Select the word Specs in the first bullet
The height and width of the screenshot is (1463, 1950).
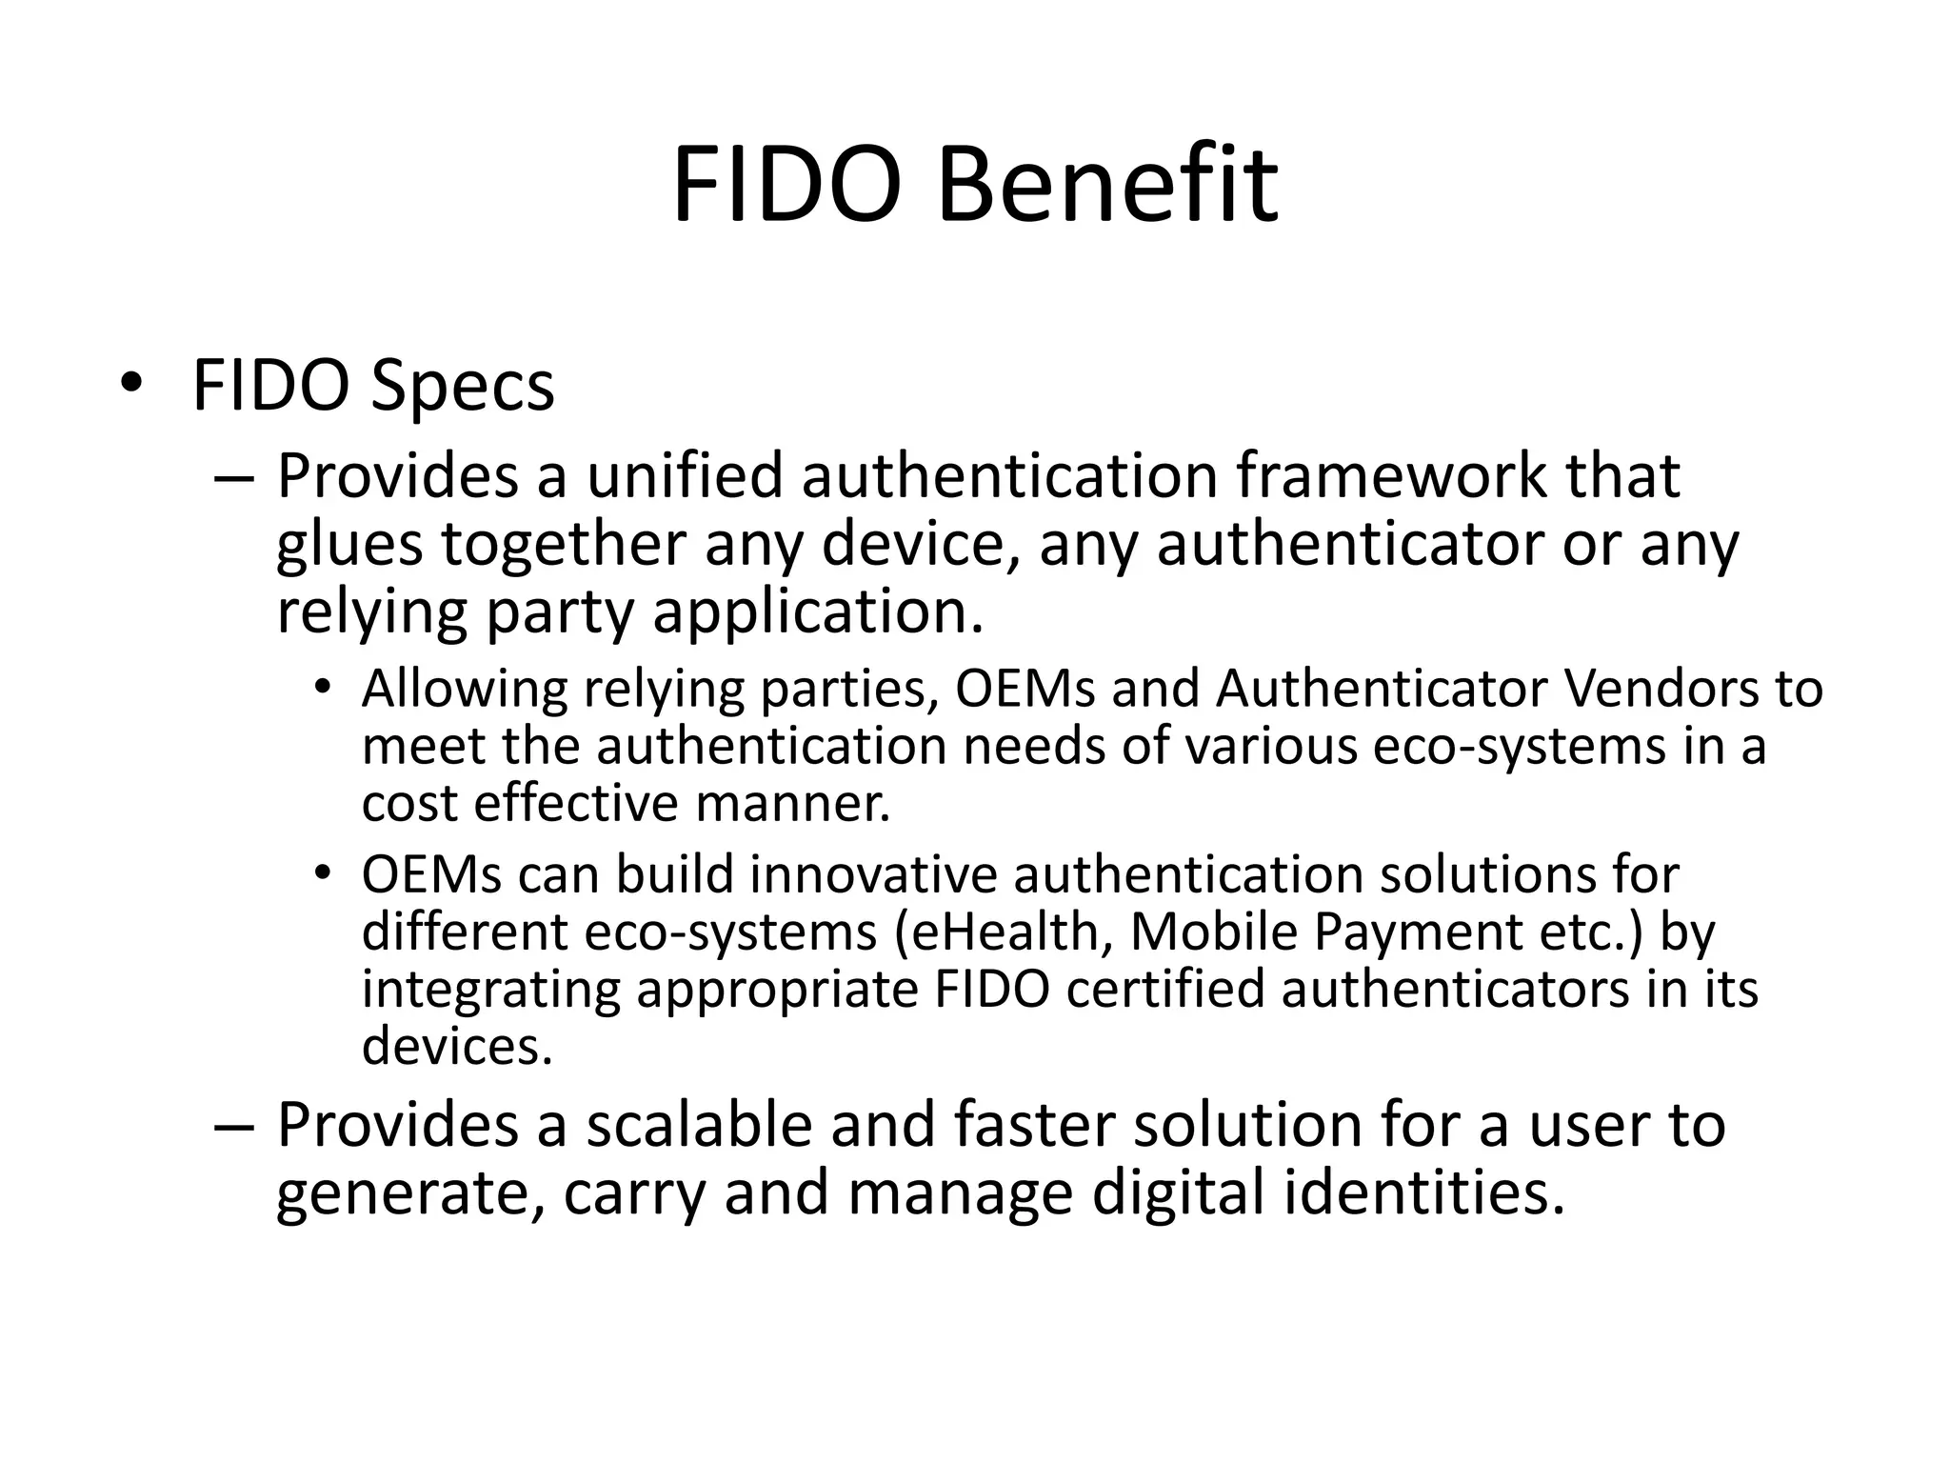pos(462,386)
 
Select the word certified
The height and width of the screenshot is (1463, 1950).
pos(1165,989)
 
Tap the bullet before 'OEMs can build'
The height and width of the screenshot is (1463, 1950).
pos(324,873)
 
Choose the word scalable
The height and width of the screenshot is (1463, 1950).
pos(699,1125)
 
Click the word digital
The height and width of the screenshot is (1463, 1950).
pos(1179,1193)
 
